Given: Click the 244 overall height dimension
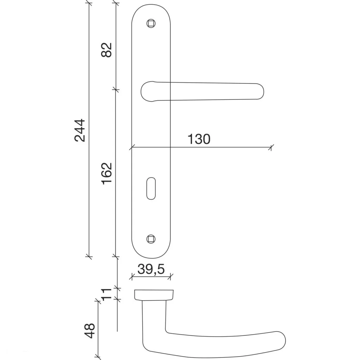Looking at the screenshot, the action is point(80,130).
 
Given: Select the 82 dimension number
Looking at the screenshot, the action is point(107,50).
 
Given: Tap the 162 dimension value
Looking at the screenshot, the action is point(107,174).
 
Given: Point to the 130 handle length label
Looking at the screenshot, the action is point(199,139).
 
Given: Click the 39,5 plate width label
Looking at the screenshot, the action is point(151,269).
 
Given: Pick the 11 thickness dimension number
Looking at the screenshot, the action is point(107,294).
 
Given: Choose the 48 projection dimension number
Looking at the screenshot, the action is point(90,330).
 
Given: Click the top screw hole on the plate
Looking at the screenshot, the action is point(151,24).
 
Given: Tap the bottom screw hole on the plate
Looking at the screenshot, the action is point(151,239).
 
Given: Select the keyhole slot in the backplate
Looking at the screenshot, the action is point(151,188).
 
